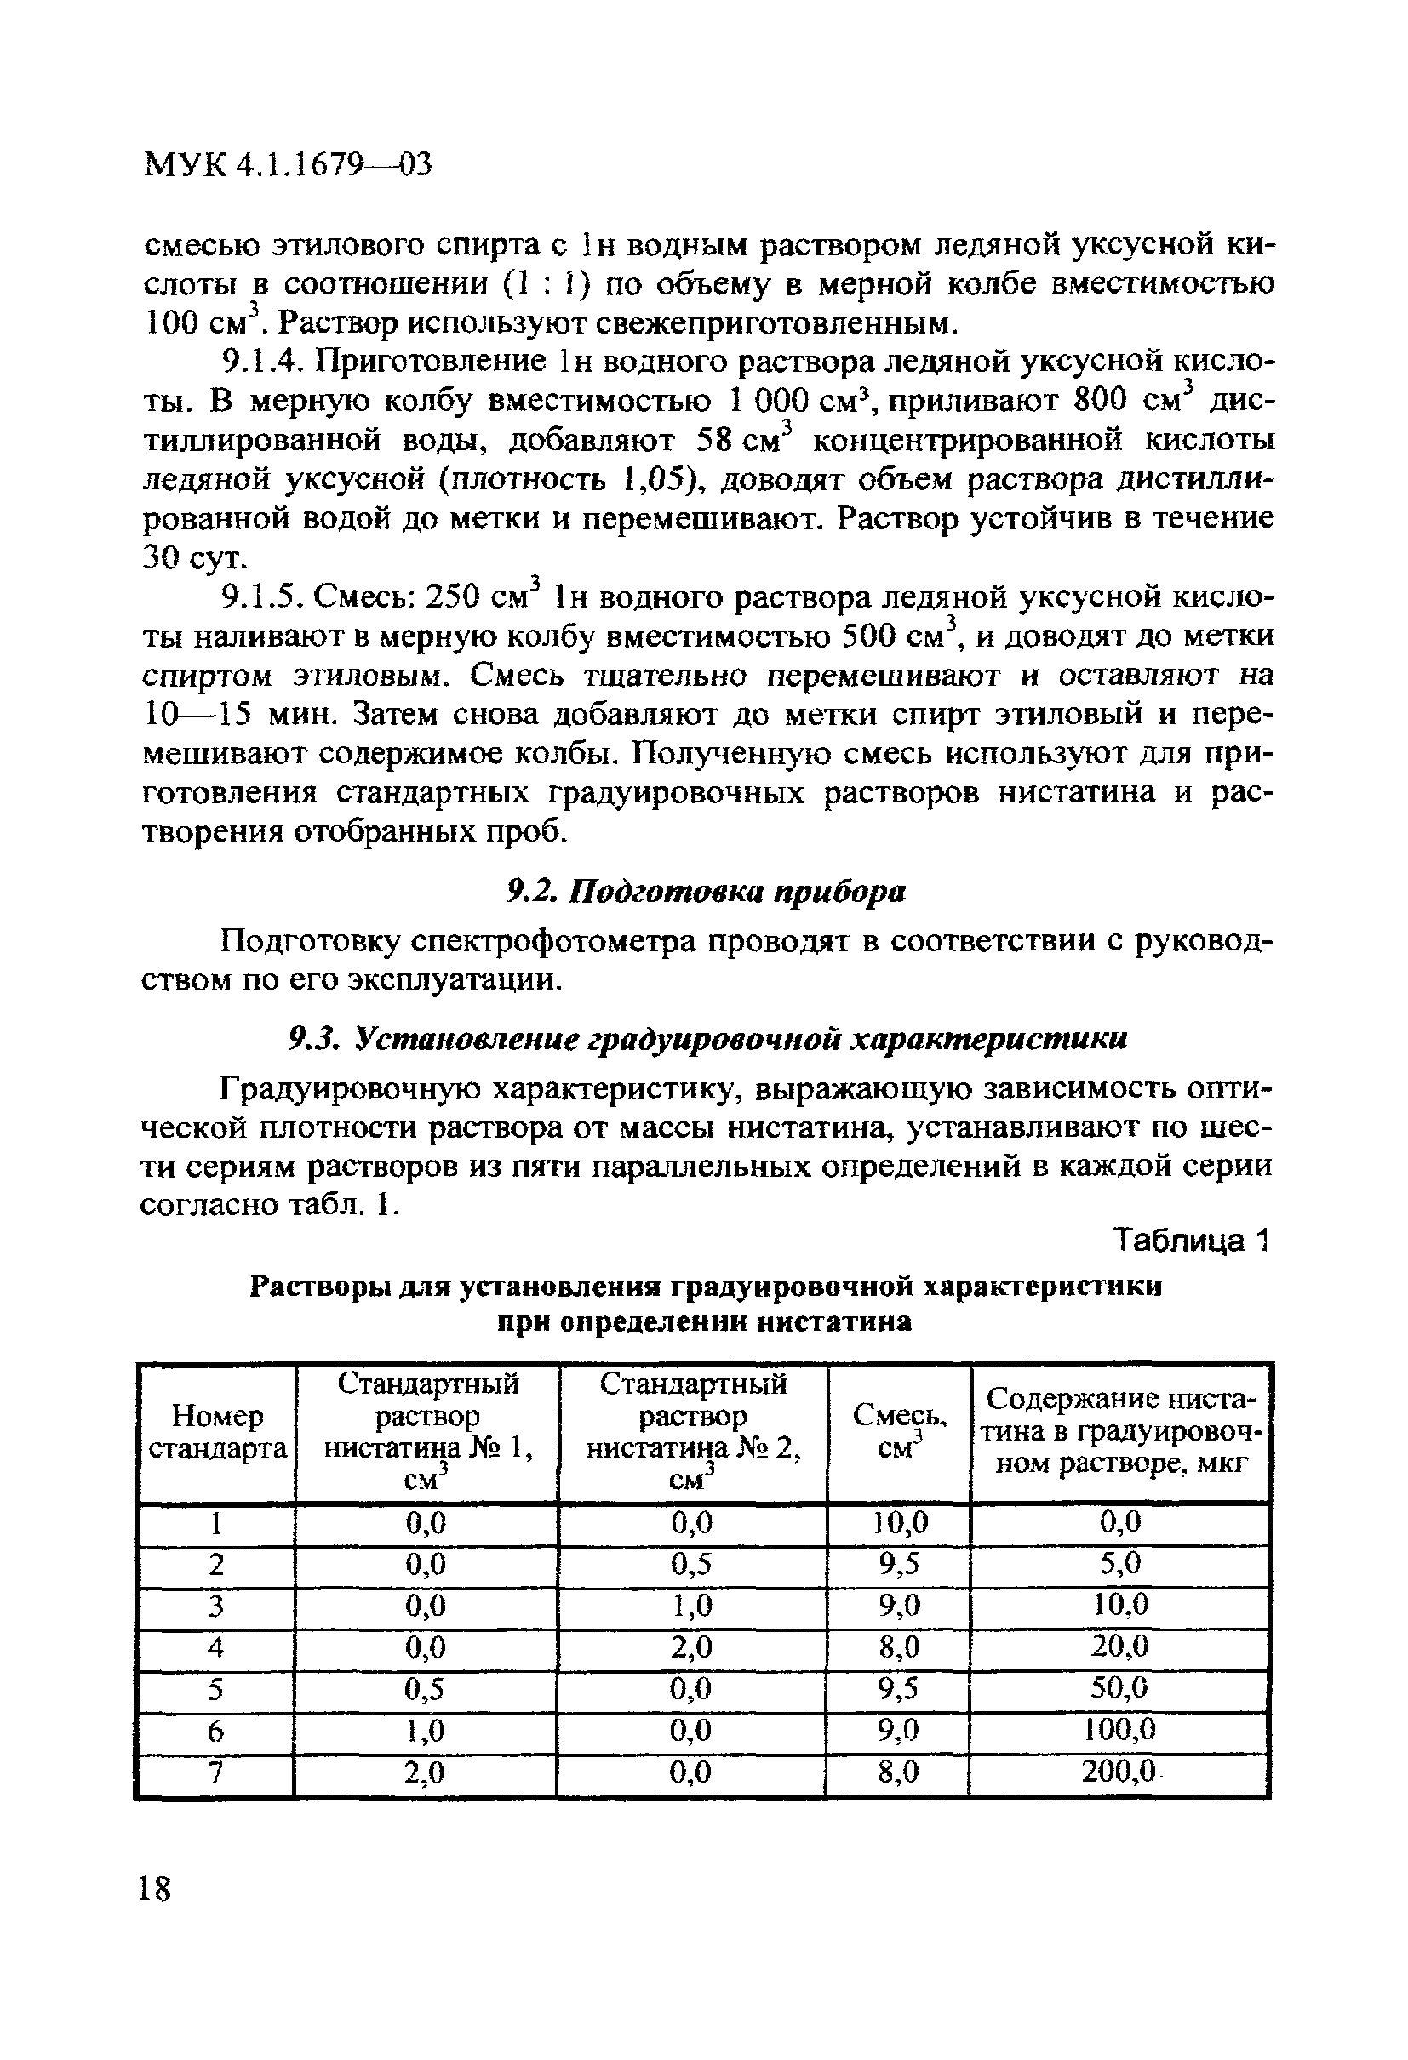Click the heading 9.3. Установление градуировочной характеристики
click(x=709, y=1039)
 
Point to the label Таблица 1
click(x=1192, y=1241)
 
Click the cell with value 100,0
click(x=1119, y=1729)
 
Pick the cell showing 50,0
click(x=1119, y=1686)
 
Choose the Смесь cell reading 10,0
click(x=899, y=1523)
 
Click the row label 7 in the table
click(x=215, y=1772)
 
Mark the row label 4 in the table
click(x=215, y=1646)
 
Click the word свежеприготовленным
click(x=776, y=322)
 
